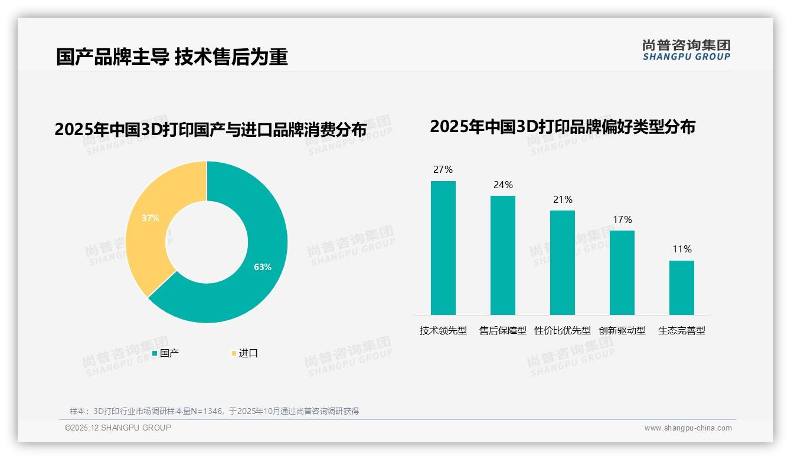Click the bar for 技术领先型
[x=443, y=248]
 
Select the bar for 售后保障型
[x=502, y=255]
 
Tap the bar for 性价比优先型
[x=562, y=262]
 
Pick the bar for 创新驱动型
[x=622, y=272]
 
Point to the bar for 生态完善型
[x=681, y=288]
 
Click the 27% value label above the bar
[x=443, y=170]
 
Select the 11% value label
[x=682, y=249]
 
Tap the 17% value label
[x=622, y=220]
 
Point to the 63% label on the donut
[x=263, y=267]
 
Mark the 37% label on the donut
[x=151, y=218]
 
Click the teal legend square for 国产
[x=155, y=353]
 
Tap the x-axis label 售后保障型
[x=502, y=331]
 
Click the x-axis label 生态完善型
[x=682, y=331]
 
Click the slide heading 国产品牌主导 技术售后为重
[x=172, y=57]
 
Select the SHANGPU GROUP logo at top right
[x=686, y=50]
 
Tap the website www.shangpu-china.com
[x=688, y=428]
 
